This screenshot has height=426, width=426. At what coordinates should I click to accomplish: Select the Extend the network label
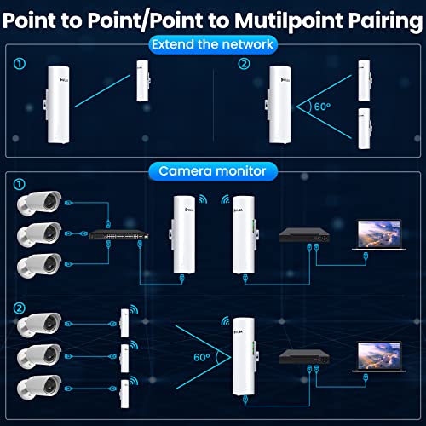point(212,43)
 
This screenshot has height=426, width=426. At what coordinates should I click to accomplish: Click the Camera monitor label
point(212,171)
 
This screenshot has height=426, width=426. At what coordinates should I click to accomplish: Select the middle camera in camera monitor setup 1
point(39,233)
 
